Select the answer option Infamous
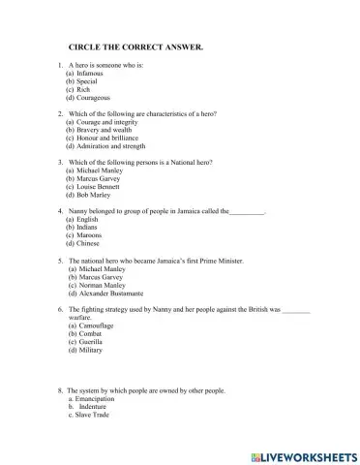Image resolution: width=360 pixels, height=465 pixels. [90, 74]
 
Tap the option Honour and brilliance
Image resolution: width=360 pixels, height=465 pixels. [108, 139]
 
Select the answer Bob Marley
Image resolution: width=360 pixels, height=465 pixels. [93, 196]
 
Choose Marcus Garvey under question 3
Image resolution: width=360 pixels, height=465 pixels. [99, 179]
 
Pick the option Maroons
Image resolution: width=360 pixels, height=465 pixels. [90, 235]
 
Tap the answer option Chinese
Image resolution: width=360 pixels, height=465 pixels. [89, 244]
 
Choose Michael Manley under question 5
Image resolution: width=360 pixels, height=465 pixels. [101, 268]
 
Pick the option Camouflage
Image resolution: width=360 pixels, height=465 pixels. [97, 326]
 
